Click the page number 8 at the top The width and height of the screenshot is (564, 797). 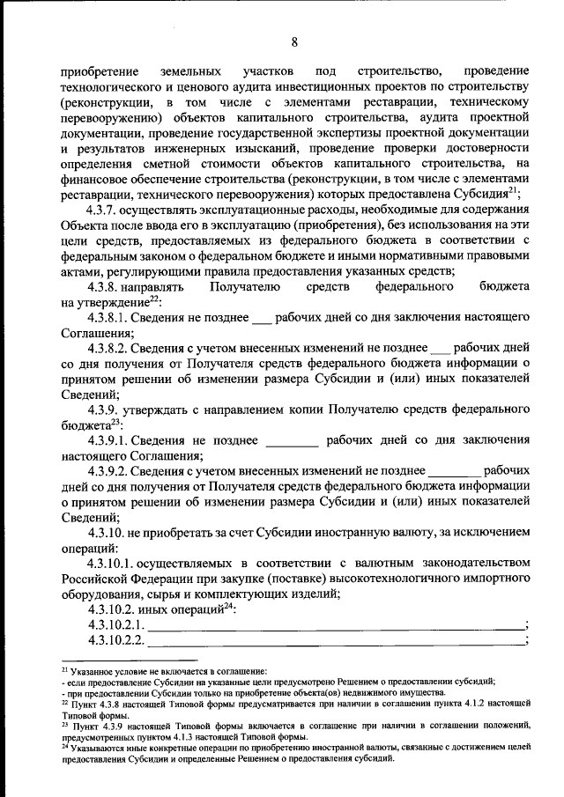tap(294, 42)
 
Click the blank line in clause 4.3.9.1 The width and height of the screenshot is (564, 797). tap(291, 442)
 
